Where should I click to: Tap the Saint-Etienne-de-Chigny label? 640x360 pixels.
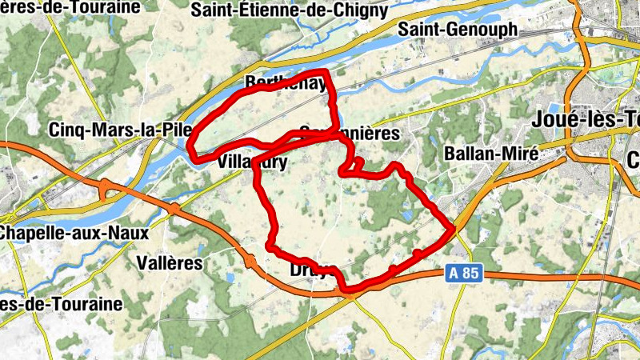290,10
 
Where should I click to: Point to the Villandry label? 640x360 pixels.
252,161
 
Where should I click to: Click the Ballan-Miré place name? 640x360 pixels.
491,152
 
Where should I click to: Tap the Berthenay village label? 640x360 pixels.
286,83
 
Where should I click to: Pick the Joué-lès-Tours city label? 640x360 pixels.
585,121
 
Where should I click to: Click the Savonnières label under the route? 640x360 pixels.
348,134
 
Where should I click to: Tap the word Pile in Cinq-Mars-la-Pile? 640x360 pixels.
172,130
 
